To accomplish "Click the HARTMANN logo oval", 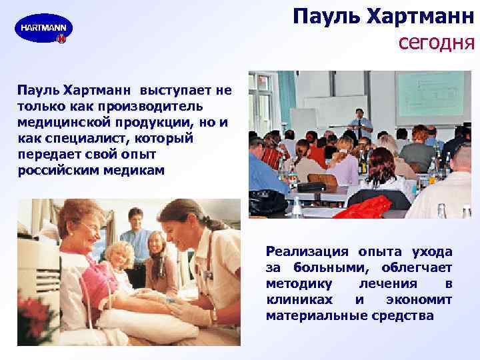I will pyautogui.click(x=43, y=29).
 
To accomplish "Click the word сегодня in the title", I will pyautogui.click(x=436, y=43).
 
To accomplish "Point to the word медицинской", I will pyautogui.click(x=61, y=122).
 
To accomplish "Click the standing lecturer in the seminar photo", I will pyautogui.click(x=360, y=123).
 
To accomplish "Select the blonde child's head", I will pyautogui.click(x=119, y=257).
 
